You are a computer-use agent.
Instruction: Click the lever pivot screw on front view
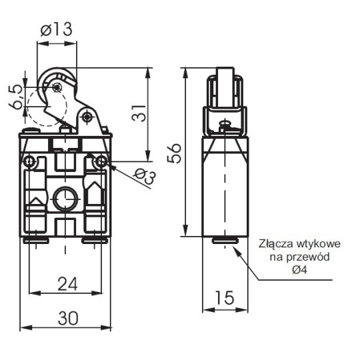point(87,117)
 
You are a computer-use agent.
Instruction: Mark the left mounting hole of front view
point(29,161)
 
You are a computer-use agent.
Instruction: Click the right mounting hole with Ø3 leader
point(101,161)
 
